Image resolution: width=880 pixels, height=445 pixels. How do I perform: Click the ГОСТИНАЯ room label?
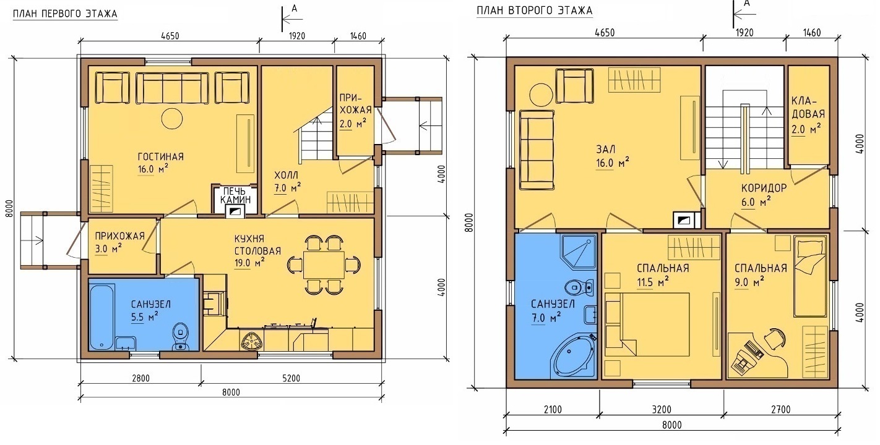tap(161, 157)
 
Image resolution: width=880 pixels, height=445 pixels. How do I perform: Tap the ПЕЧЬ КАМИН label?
tap(235, 195)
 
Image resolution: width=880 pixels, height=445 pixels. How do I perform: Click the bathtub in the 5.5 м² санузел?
tap(101, 317)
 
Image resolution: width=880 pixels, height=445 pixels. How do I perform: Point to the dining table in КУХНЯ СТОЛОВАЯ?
tap(324, 265)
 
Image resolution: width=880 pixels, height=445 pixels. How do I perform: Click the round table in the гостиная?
tap(172, 118)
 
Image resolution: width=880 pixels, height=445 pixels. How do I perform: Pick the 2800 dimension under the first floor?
tap(140, 378)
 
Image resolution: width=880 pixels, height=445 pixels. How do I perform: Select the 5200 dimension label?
tap(291, 378)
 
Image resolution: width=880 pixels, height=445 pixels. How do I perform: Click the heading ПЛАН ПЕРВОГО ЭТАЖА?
tap(65, 14)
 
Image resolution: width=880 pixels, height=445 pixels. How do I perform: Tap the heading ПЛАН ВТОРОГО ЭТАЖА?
tap(534, 11)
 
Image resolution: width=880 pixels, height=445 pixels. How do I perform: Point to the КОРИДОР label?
tap(764, 188)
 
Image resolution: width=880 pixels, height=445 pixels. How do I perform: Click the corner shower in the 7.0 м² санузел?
tap(579, 252)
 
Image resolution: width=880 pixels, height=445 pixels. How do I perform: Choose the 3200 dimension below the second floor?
tap(662, 410)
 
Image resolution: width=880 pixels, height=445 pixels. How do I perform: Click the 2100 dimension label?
tap(553, 410)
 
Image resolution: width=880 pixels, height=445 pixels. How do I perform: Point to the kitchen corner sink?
tap(251, 340)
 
